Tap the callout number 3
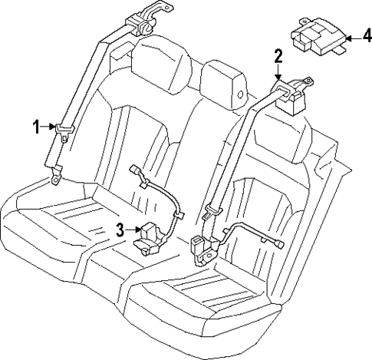click(x=120, y=228)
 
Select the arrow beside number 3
click(x=132, y=228)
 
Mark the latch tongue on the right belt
click(x=212, y=208)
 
